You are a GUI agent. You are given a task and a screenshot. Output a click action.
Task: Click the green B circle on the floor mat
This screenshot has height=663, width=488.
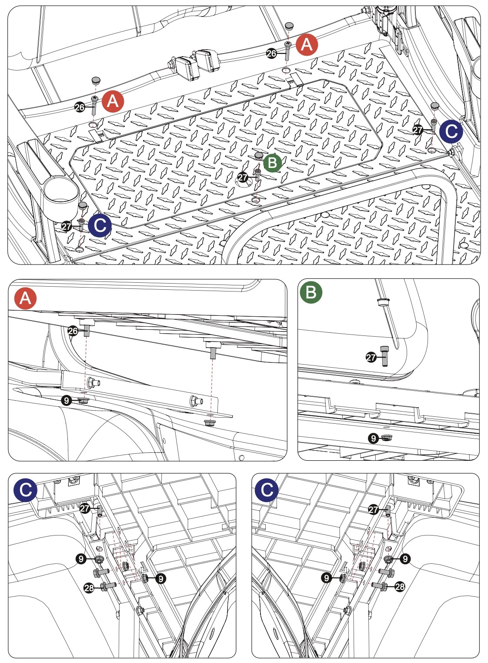pyautogui.click(x=272, y=163)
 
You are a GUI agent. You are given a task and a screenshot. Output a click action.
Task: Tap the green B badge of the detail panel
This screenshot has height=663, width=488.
pyautogui.click(x=311, y=292)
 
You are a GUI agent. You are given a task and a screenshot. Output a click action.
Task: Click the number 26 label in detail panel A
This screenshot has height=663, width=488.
pyautogui.click(x=73, y=331)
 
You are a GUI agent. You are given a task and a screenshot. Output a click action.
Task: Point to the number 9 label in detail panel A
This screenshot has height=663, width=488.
pyautogui.click(x=66, y=400)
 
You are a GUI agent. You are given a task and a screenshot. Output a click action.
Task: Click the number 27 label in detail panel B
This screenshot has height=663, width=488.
pyautogui.click(x=371, y=358)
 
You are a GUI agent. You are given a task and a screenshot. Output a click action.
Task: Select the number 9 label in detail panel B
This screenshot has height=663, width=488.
pyautogui.click(x=373, y=438)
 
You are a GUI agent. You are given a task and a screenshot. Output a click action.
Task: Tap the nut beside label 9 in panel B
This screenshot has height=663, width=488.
pyautogui.click(x=385, y=438)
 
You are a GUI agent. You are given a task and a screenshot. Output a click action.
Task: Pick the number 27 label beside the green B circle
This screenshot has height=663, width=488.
pyautogui.click(x=243, y=177)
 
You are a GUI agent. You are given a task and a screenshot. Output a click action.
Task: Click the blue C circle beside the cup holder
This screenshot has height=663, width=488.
pyautogui.click(x=100, y=225)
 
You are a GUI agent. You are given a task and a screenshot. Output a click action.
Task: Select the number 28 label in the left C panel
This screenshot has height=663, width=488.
pyautogui.click(x=89, y=588)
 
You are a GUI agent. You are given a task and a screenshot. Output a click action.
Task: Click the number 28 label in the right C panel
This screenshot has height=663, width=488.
pyautogui.click(x=399, y=586)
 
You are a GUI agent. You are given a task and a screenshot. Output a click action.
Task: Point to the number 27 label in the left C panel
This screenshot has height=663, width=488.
pyautogui.click(x=85, y=508)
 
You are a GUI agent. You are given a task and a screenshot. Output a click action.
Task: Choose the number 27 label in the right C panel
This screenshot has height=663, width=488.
pyautogui.click(x=374, y=509)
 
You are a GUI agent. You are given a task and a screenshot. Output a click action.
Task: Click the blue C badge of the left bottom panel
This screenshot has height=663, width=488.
pyautogui.click(x=25, y=490)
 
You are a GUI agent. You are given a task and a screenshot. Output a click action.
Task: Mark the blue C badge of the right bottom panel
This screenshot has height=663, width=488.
pyautogui.click(x=266, y=490)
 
